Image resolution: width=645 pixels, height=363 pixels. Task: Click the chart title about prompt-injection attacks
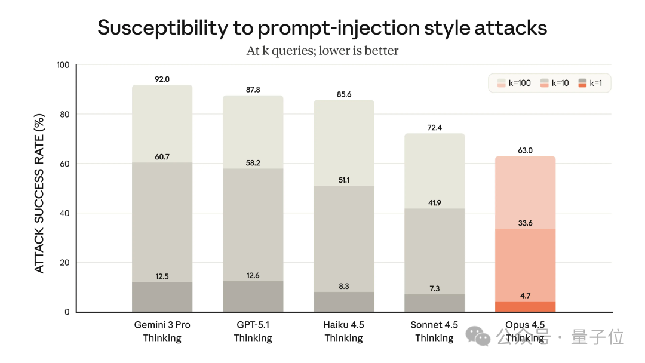(322, 28)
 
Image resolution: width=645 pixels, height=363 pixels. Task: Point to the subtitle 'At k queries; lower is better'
(322, 51)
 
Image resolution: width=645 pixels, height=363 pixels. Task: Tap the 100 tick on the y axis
(63, 65)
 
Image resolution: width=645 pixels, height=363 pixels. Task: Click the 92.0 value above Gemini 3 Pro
(162, 79)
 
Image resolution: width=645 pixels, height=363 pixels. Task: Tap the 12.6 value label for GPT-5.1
(253, 275)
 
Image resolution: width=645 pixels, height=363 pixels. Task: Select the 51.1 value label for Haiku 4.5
(343, 180)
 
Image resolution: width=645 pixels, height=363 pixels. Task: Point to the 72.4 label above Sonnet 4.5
(434, 127)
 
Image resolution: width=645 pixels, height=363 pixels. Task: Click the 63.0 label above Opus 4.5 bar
(525, 150)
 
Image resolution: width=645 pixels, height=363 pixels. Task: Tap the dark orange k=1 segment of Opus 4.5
(525, 306)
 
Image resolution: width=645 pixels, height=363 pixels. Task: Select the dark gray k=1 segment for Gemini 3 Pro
(162, 297)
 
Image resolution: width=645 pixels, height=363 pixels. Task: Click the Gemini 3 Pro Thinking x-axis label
(162, 331)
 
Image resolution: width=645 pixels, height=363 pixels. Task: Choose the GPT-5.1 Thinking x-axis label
(253, 331)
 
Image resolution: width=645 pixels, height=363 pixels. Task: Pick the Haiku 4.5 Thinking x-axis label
(343, 331)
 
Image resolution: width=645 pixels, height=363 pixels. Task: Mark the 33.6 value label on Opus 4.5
(525, 223)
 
